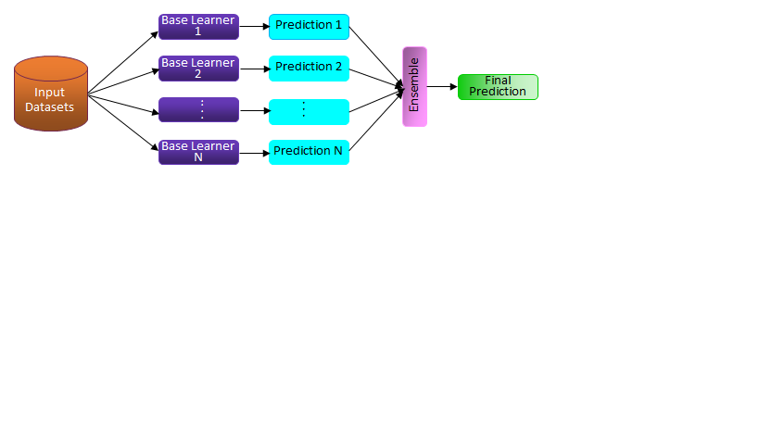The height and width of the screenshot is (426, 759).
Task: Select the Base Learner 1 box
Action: pos(198,27)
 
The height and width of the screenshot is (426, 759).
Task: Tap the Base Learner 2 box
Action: pos(198,69)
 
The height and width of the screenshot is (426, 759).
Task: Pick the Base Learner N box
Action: pos(198,152)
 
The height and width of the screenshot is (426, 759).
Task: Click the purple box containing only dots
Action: pos(198,110)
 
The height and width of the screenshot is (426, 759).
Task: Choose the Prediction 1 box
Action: pos(309,26)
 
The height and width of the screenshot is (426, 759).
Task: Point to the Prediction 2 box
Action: pos(309,68)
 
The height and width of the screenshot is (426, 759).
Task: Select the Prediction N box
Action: pos(309,152)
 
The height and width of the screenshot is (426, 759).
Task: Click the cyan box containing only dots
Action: pos(309,111)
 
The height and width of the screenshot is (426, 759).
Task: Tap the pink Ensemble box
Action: pos(414,86)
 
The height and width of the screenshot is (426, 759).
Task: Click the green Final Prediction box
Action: pos(498,87)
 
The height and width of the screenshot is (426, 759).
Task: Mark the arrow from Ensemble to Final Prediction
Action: pos(442,87)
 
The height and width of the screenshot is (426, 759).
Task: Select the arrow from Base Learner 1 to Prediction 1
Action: pos(254,27)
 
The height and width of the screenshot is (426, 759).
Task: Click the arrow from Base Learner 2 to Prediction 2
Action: pos(254,69)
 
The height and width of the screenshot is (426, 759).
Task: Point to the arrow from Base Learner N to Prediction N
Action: pos(254,152)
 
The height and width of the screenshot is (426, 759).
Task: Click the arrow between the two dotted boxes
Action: pos(254,111)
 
